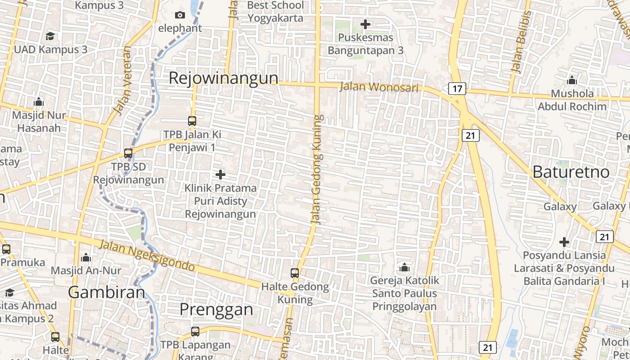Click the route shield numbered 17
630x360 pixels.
(x=457, y=89)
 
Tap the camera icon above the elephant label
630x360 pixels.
(x=180, y=15)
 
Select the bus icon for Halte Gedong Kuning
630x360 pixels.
(x=295, y=273)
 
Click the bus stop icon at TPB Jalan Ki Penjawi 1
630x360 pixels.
(x=192, y=121)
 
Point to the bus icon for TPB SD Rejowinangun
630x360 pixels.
(x=128, y=153)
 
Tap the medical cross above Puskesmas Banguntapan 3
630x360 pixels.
(x=365, y=24)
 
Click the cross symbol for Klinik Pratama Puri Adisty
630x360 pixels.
(x=220, y=174)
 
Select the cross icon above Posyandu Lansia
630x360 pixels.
(x=564, y=242)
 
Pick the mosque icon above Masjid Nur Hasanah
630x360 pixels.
(x=39, y=102)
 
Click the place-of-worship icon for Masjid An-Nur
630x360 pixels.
(x=85, y=257)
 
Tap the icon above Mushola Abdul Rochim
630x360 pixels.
(x=572, y=81)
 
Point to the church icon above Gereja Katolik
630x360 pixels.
(x=405, y=267)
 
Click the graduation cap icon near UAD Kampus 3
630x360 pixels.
(x=50, y=36)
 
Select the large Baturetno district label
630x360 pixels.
(x=571, y=171)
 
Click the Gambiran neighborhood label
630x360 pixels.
(x=107, y=292)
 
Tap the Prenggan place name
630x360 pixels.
(x=216, y=309)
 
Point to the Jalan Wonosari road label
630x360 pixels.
(x=379, y=87)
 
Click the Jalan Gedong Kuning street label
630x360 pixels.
(x=317, y=170)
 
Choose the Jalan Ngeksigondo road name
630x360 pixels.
(x=147, y=256)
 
